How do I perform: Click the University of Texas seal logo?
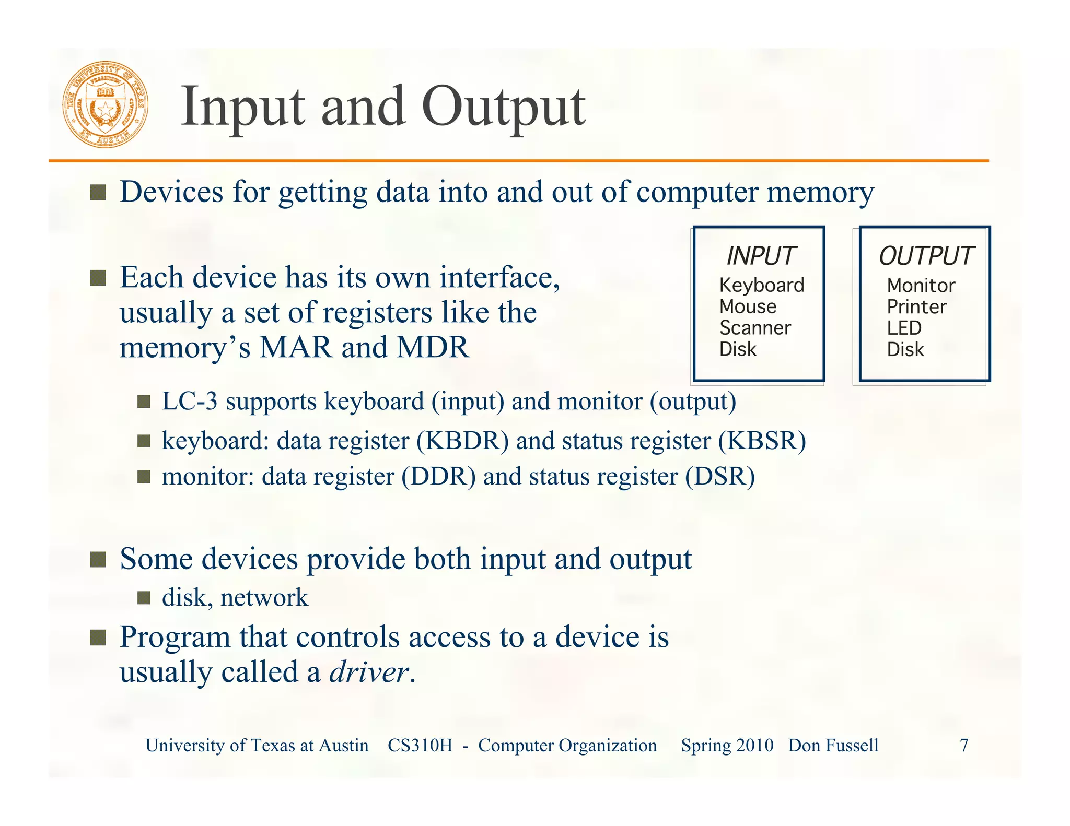click(106, 104)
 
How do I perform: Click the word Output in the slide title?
click(504, 107)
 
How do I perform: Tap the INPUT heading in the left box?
click(760, 256)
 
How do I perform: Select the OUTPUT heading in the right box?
click(926, 256)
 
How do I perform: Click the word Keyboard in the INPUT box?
click(761, 285)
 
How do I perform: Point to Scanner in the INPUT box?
click(755, 328)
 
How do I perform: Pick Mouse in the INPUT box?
click(748, 306)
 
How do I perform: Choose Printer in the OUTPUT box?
click(916, 306)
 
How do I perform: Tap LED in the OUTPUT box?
click(904, 328)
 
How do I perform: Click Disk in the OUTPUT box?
click(905, 349)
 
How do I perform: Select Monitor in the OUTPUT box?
click(921, 285)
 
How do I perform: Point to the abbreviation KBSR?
click(762, 441)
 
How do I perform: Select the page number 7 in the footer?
click(964, 745)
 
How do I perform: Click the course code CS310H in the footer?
click(420, 745)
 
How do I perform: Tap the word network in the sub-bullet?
click(264, 598)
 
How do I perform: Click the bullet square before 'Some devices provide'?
click(98, 560)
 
